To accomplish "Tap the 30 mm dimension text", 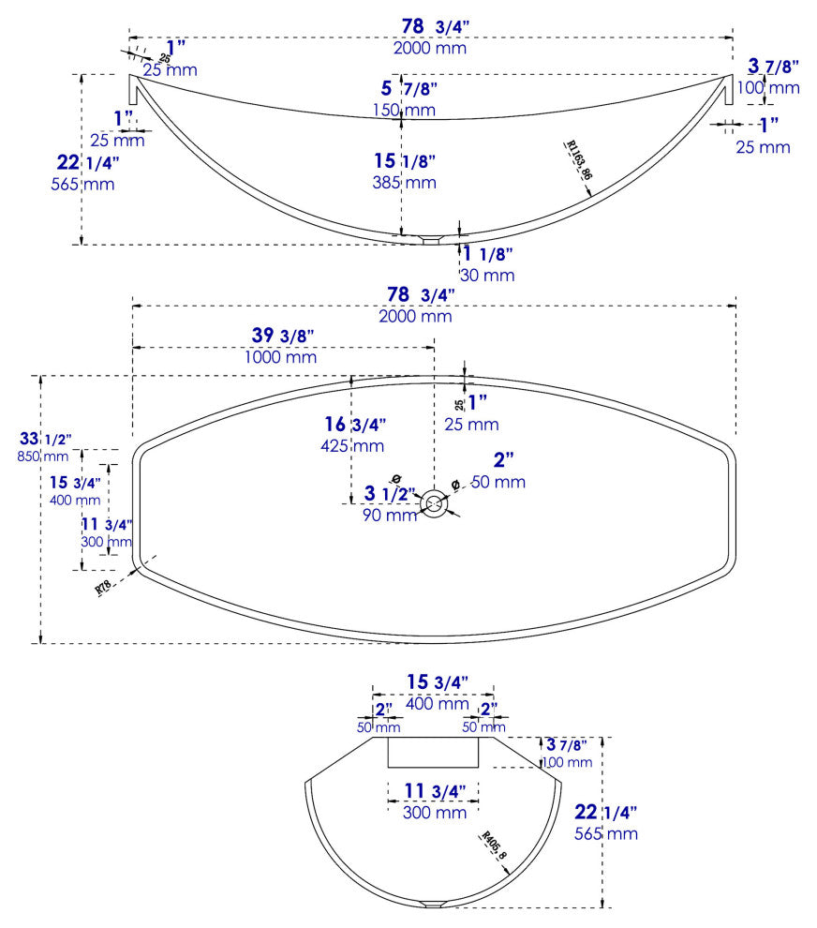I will pos(486,275).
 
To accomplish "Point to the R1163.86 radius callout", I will pos(580,160).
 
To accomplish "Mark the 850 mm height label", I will pos(43,457).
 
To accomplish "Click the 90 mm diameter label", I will pos(390,515).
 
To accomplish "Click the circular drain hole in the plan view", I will pos(434,503).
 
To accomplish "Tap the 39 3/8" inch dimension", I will pos(282,336).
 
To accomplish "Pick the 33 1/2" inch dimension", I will pos(44,439).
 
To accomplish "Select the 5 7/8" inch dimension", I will pos(409,89).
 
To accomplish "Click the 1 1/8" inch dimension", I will pos(486,254).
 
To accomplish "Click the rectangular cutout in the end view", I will pos(434,752).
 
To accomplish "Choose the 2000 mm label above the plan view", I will pos(415,316).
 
